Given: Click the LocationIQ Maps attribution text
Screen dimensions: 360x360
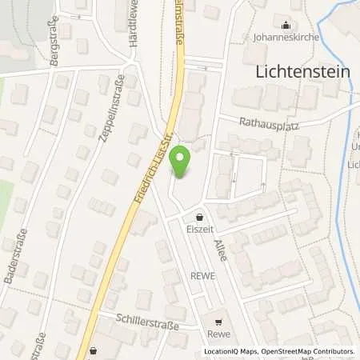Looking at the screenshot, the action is tap(231, 351).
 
